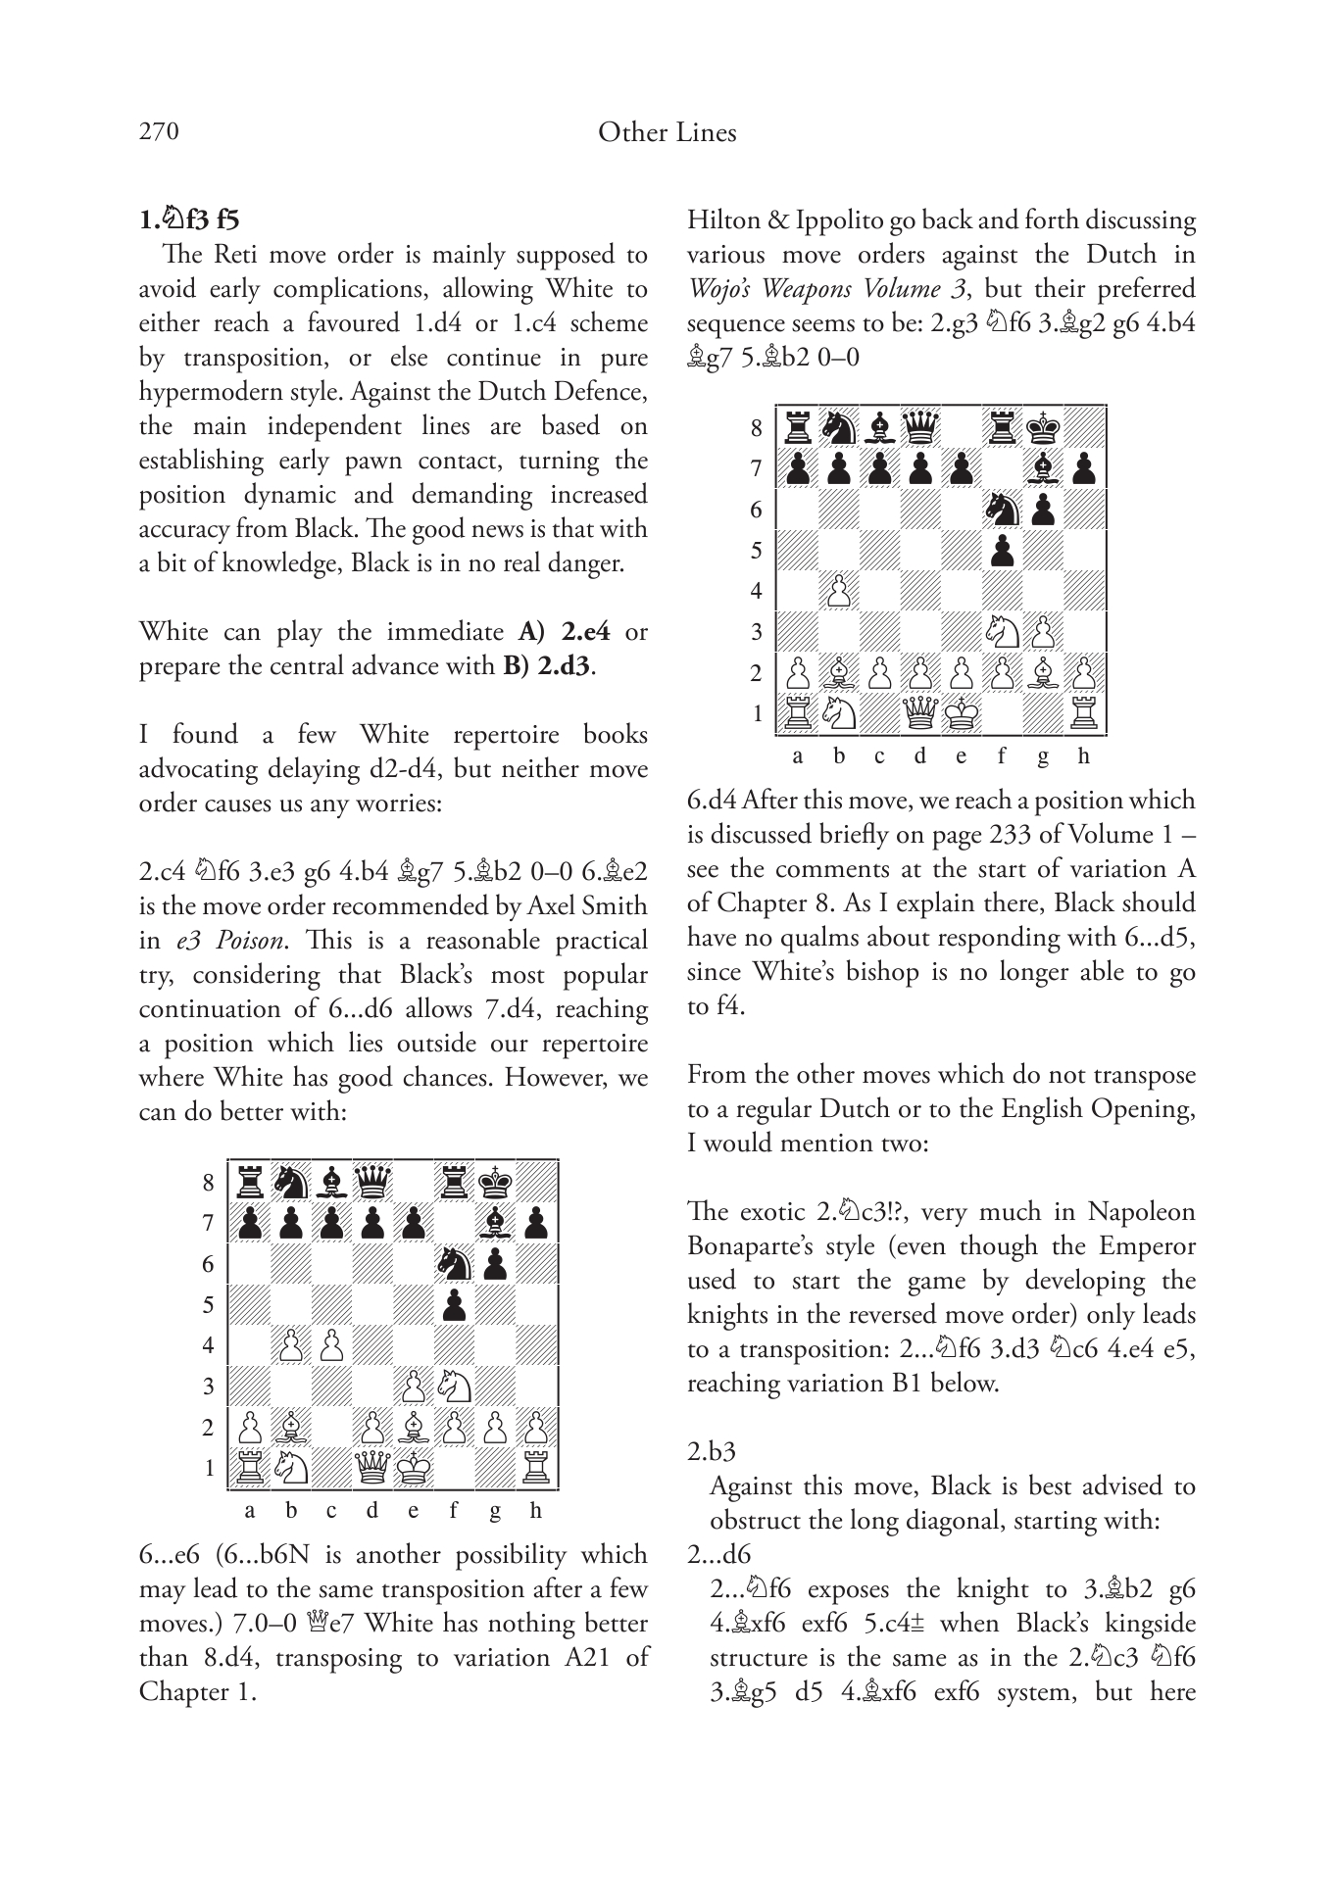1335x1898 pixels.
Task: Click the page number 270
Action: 159,131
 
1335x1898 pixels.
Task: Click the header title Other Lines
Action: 667,132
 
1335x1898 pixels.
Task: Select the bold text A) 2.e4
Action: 564,632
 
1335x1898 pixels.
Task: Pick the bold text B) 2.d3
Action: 548,666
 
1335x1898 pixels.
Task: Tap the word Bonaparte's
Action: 753,1246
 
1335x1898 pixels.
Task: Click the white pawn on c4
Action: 331,1345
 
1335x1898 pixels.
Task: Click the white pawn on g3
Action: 1042,632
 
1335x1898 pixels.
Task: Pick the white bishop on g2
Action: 1042,673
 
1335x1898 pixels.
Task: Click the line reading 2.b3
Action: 711,1452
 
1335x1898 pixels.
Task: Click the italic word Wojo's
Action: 720,289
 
